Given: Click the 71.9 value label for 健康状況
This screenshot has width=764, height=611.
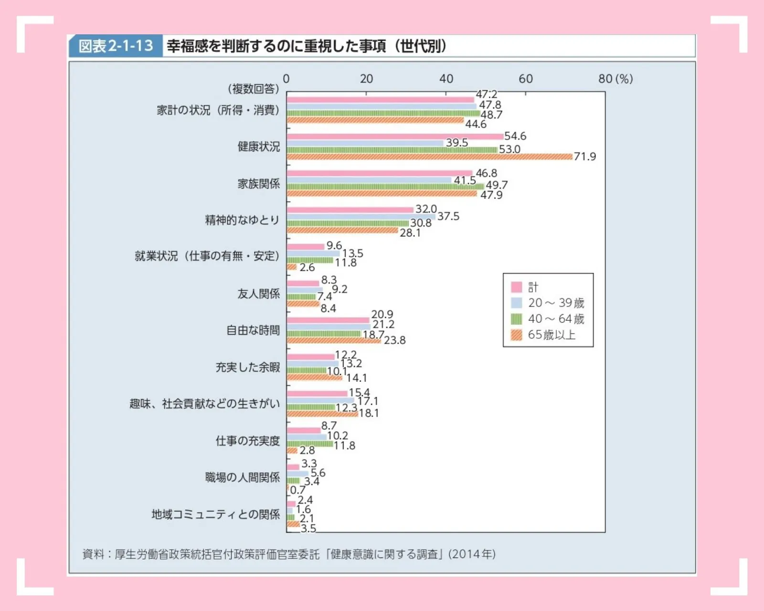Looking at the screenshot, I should (x=584, y=157).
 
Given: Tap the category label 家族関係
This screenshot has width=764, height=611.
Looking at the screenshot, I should (x=258, y=184).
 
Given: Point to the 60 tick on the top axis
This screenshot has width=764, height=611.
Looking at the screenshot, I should (x=525, y=79).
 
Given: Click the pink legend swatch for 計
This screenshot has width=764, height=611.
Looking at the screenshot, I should (x=516, y=287).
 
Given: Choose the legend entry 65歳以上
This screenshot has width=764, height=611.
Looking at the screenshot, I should (x=552, y=335).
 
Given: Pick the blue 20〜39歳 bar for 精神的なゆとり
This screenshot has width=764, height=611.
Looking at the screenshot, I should (x=361, y=217).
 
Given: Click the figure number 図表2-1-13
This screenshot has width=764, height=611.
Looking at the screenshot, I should (x=116, y=46).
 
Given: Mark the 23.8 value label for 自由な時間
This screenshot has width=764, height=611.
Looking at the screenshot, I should (x=394, y=340).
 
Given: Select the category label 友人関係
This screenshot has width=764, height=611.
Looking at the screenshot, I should (x=258, y=294).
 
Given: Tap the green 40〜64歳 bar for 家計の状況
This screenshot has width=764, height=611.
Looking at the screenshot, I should (x=383, y=114).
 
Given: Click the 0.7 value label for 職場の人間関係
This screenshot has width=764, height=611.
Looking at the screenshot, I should (x=297, y=490).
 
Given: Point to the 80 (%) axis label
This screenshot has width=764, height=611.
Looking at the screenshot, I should (x=615, y=79).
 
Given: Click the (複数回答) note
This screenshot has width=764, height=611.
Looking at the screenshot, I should (x=253, y=89).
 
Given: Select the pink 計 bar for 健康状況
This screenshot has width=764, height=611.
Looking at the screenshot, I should (x=394, y=137).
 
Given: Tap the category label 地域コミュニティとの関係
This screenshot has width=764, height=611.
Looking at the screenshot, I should (x=215, y=514).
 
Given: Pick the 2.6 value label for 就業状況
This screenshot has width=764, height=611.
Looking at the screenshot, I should (x=307, y=267).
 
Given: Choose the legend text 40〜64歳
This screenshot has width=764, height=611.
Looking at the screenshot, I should (x=556, y=319).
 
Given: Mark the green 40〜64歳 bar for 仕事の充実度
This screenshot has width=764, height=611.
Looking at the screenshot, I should (x=309, y=444).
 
